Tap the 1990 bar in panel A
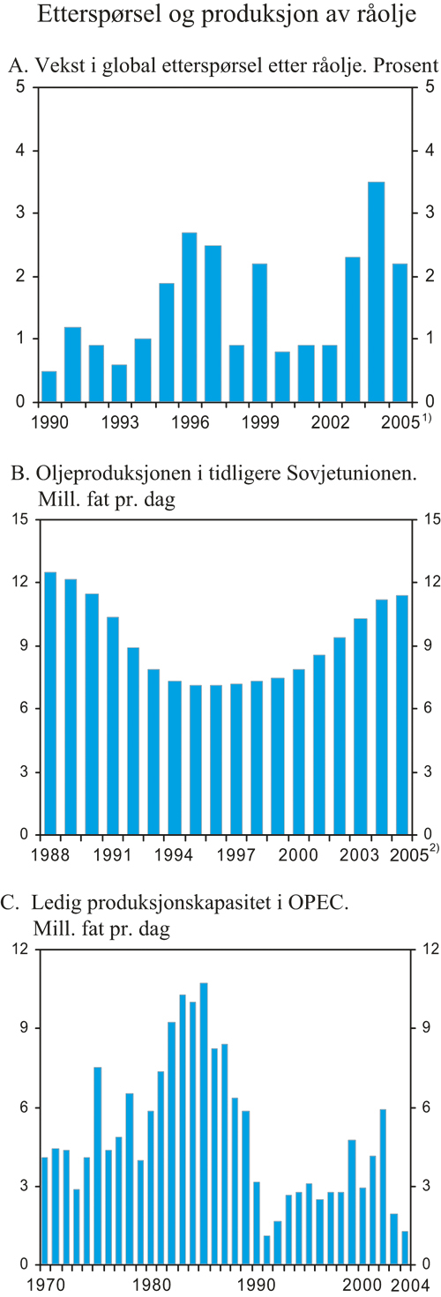pos(49,386)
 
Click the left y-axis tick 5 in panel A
pos(19,87)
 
